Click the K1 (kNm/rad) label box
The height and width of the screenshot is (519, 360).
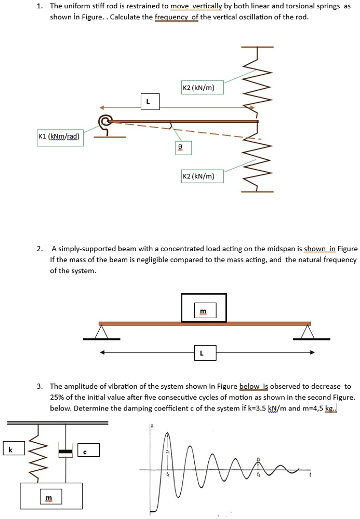click(59, 137)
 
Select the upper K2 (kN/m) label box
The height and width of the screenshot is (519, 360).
click(202, 88)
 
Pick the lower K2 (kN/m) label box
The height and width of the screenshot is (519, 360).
click(202, 176)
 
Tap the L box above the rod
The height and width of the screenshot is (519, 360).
click(150, 102)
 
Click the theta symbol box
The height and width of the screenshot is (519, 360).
click(180, 148)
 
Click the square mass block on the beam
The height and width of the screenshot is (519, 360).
click(204, 308)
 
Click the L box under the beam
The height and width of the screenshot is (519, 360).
click(202, 353)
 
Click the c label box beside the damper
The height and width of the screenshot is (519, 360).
click(88, 450)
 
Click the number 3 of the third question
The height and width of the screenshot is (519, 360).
click(39, 387)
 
